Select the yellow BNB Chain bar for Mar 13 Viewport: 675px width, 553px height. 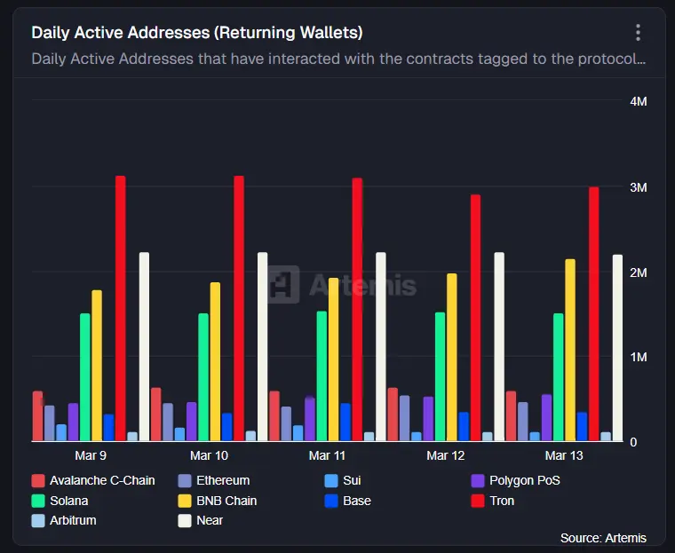[570, 350]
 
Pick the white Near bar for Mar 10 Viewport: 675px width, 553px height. [262, 346]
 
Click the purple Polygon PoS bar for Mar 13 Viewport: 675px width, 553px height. [546, 417]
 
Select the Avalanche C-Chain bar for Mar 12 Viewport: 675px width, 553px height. [393, 414]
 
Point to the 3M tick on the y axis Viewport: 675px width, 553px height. [638, 187]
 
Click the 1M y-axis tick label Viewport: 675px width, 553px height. [638, 357]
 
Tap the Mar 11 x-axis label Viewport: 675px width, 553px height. [327, 455]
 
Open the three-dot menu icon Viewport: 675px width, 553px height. [638, 33]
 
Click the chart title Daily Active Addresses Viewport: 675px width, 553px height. [196, 33]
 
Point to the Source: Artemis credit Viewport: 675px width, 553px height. [603, 538]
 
